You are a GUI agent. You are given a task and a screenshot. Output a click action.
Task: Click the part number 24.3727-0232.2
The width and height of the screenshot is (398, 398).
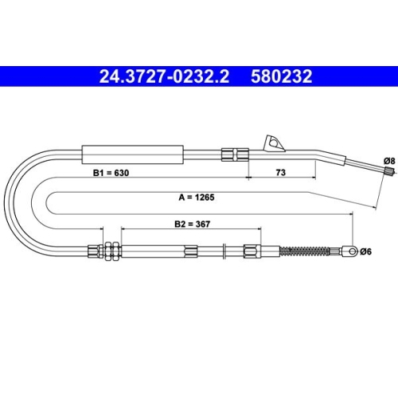[164, 76]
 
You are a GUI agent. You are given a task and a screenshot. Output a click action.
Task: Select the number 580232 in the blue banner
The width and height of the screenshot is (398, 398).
[282, 76]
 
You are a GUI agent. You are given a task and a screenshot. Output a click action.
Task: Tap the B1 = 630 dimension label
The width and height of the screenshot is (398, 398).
[111, 173]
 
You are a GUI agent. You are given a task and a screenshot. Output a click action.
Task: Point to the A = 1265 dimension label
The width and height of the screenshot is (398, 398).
[197, 197]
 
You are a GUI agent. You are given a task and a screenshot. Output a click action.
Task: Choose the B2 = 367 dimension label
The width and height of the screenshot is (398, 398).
[193, 224]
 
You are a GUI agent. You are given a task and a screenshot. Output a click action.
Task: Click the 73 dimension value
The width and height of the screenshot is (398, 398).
[281, 173]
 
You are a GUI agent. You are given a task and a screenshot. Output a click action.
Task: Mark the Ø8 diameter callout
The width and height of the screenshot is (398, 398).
[389, 161]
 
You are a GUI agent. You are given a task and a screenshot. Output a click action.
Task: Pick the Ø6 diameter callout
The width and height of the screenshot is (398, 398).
[365, 252]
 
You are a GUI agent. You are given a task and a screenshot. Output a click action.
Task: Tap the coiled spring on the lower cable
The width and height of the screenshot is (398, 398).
[305, 252]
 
